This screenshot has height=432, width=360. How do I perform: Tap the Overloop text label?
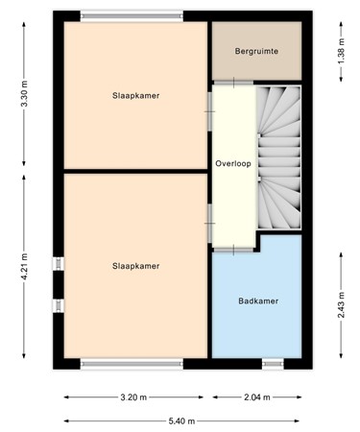(x=233, y=163)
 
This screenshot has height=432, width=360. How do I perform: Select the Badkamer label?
(x=257, y=300)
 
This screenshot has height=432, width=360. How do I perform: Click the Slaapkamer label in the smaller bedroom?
(x=135, y=96)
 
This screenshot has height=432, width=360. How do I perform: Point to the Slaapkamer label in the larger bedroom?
(x=135, y=266)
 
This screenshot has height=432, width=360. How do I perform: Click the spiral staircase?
(x=278, y=158)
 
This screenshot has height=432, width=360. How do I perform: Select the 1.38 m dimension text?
(x=342, y=51)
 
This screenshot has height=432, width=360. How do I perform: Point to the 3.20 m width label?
(x=135, y=396)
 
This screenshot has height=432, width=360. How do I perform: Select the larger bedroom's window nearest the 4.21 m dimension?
(x=60, y=284)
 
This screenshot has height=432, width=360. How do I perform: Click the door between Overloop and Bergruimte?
(x=232, y=84)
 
